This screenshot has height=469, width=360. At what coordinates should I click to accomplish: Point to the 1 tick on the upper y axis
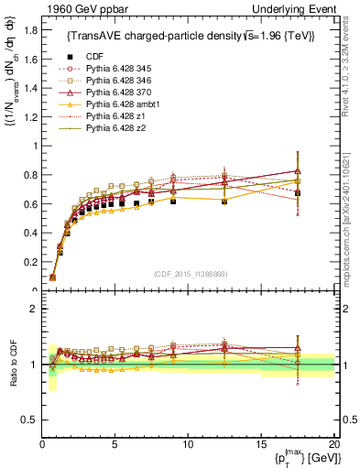coord(35,146)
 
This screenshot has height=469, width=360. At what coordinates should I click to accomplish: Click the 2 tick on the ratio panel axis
coord(35,309)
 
